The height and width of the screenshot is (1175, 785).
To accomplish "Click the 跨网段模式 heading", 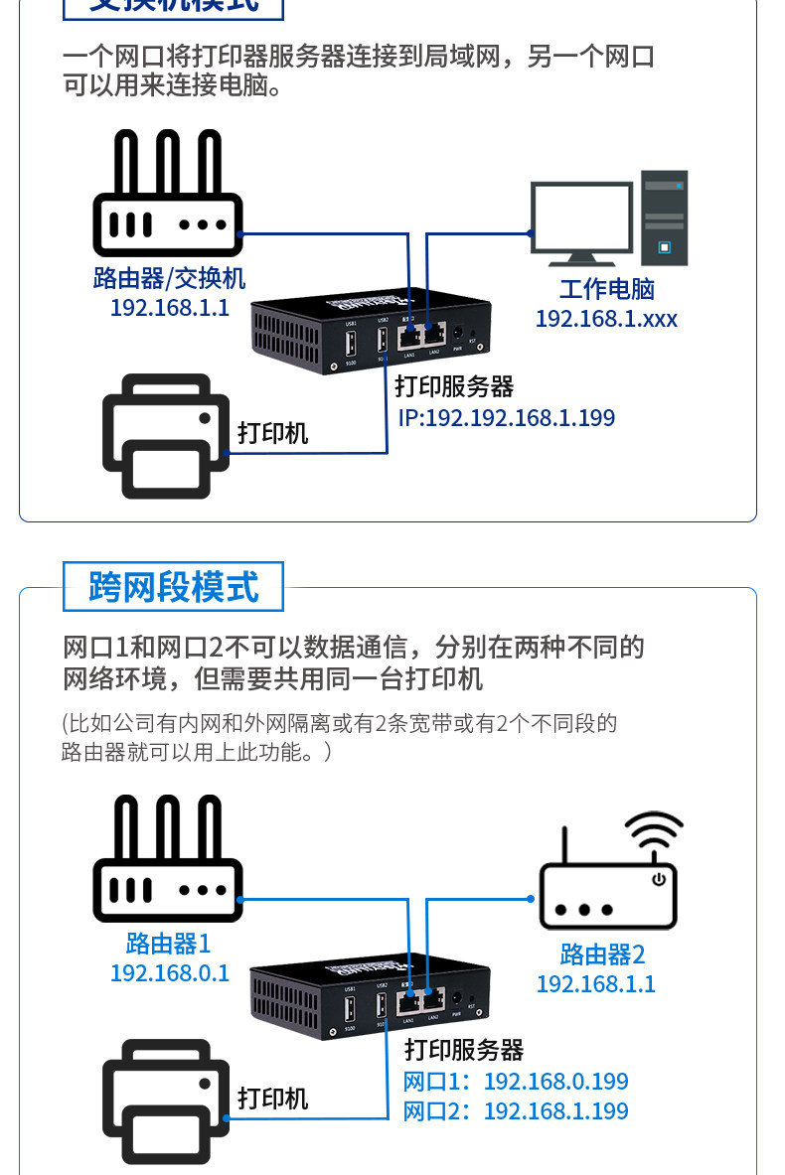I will point(173,587).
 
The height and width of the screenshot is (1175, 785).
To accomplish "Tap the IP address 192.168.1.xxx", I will point(606,319).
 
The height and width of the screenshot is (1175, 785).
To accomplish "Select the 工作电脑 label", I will point(606,290).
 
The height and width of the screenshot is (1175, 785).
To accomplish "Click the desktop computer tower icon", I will point(664,218).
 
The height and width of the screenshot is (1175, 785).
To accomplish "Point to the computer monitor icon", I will point(580,222).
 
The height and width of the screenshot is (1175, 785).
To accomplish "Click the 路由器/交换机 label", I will point(169,278).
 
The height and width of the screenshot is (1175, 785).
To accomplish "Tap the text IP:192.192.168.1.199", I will point(506,418).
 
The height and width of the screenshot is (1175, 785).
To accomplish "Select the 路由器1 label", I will point(168,943).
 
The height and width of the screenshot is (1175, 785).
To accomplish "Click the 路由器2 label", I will point(602,955).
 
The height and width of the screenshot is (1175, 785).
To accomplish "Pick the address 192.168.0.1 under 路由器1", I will point(169,972).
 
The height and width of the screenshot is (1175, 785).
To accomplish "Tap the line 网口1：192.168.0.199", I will point(515,1082).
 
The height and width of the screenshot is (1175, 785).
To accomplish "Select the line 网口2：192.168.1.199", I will point(515,1110).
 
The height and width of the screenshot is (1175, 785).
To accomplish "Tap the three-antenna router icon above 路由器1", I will point(168,860).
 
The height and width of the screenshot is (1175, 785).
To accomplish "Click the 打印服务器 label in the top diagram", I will point(454,386).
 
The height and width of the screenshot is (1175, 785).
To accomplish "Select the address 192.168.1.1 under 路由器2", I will point(596,984).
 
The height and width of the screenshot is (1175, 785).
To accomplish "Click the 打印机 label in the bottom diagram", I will point(272,1099).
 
